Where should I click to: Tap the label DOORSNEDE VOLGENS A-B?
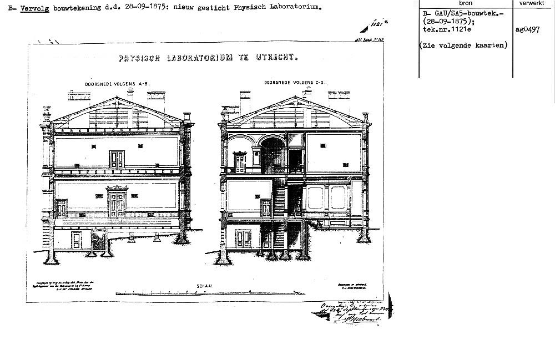tap(118, 84)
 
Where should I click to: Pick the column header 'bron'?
tap(466, 3)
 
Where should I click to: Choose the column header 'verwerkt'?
tap(533, 3)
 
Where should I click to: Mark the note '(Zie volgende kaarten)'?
tap(464, 45)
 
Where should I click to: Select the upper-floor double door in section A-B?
tap(117, 159)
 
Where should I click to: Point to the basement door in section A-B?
tap(76, 239)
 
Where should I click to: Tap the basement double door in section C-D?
tap(243, 239)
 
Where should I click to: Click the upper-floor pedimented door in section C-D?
tap(240, 162)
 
